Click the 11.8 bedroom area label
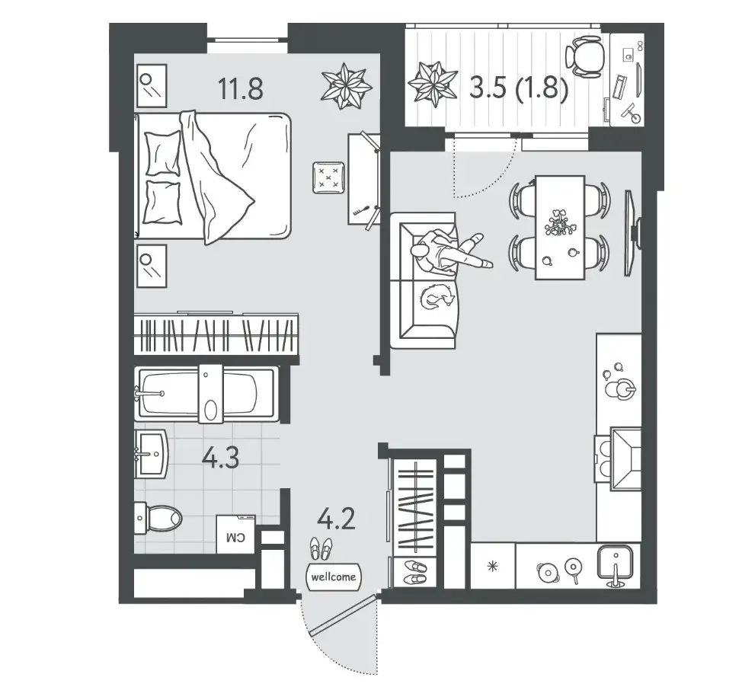241,88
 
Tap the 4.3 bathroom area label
220,458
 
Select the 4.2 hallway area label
337,519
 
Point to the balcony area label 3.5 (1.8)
519,88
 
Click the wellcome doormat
334,577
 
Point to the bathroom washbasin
151,455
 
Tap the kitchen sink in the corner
616,564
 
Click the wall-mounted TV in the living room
632,233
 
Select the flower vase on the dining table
560,223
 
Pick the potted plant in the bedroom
347,86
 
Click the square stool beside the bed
328,177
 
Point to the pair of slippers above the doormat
321,548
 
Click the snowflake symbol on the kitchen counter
493,566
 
